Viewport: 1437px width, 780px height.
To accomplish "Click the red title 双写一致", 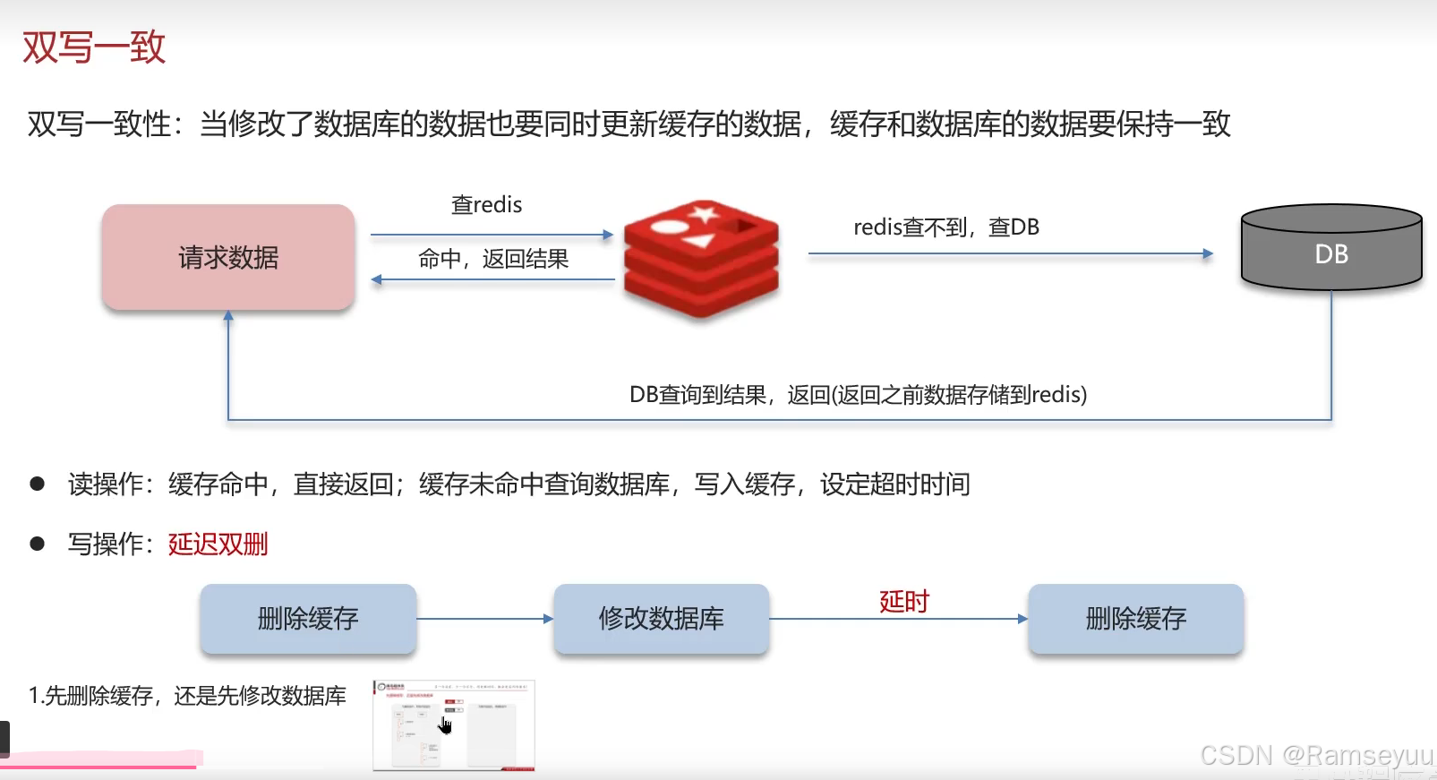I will pyautogui.click(x=94, y=47).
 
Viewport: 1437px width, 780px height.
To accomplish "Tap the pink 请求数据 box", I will pyautogui.click(x=228, y=258).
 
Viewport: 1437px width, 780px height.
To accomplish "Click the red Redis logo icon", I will pyautogui.click(x=701, y=259).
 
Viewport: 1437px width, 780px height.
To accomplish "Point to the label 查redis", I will pyautogui.click(x=486, y=205).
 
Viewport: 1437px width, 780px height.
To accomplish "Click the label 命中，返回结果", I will pyautogui.click(x=493, y=260).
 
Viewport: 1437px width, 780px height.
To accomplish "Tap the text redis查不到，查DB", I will pyautogui.click(x=946, y=227).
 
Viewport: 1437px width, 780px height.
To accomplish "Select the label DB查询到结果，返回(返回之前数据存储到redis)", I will pyautogui.click(x=858, y=395).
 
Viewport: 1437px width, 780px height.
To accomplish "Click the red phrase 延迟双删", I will pyautogui.click(x=218, y=544).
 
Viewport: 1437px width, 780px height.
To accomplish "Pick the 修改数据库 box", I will pyautogui.click(x=661, y=619).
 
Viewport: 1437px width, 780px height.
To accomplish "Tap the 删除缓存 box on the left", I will pyautogui.click(x=308, y=619).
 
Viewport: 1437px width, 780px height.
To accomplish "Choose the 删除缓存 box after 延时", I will pyautogui.click(x=1135, y=619).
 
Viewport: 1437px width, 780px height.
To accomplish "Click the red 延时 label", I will pyautogui.click(x=904, y=601).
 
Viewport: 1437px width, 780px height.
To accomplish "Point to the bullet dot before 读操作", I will pyautogui.click(x=38, y=484).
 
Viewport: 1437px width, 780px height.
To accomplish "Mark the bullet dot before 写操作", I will pyautogui.click(x=38, y=544).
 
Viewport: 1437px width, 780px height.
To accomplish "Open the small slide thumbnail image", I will pyautogui.click(x=454, y=725).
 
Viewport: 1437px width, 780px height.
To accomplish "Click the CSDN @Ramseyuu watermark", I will pyautogui.click(x=1315, y=756).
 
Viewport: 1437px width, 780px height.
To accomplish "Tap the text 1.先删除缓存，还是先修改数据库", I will pyautogui.click(x=187, y=696).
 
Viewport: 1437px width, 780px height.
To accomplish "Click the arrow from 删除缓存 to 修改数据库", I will pyautogui.click(x=484, y=619).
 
